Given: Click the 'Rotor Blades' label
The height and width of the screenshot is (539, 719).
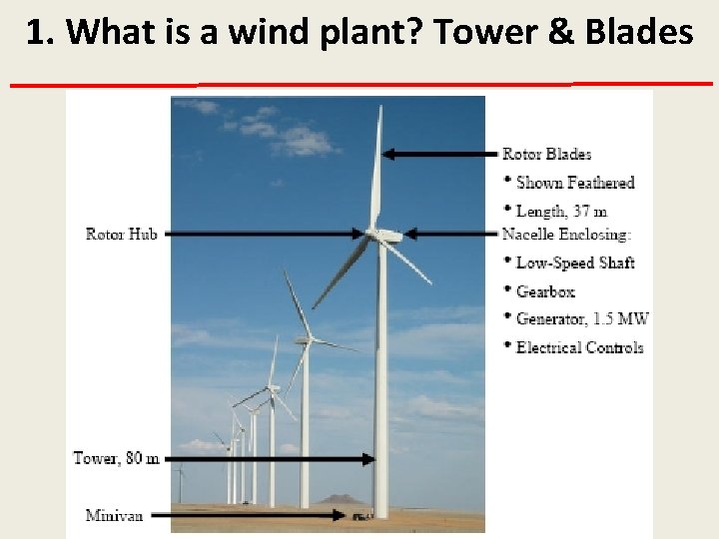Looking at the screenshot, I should pyautogui.click(x=546, y=154).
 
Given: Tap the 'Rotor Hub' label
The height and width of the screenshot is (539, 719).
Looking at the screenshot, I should pyautogui.click(x=121, y=235).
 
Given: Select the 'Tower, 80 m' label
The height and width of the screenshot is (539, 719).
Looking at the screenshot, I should pyautogui.click(x=116, y=458).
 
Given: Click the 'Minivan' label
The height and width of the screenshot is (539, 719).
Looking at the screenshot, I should pyautogui.click(x=114, y=515).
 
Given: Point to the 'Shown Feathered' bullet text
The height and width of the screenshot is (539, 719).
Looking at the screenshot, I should pyautogui.click(x=574, y=183).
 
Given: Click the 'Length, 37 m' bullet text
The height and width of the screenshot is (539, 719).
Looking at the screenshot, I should pyautogui.click(x=561, y=211).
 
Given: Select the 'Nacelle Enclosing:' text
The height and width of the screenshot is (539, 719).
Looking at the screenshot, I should pyautogui.click(x=566, y=235).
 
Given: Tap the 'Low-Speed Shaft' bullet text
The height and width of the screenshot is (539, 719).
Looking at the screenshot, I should pyautogui.click(x=574, y=263).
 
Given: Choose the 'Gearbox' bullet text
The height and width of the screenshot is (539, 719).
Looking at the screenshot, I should pyautogui.click(x=545, y=291).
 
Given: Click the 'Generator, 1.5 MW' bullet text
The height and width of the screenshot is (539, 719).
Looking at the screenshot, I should pyautogui.click(x=581, y=319).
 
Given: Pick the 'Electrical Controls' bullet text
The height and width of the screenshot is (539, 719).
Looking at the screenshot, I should pyautogui.click(x=579, y=347).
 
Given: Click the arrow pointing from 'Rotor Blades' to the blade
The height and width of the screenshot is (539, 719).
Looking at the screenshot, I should pyautogui.click(x=439, y=154).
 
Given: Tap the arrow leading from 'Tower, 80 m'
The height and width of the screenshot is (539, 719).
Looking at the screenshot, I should pyautogui.click(x=270, y=459).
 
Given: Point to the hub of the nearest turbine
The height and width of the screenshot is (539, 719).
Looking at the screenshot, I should pyautogui.click(x=377, y=235).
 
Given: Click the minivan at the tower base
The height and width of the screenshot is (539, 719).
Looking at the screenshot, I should pyautogui.click(x=358, y=516).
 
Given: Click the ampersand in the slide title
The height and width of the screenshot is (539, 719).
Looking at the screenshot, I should pyautogui.click(x=560, y=33).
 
